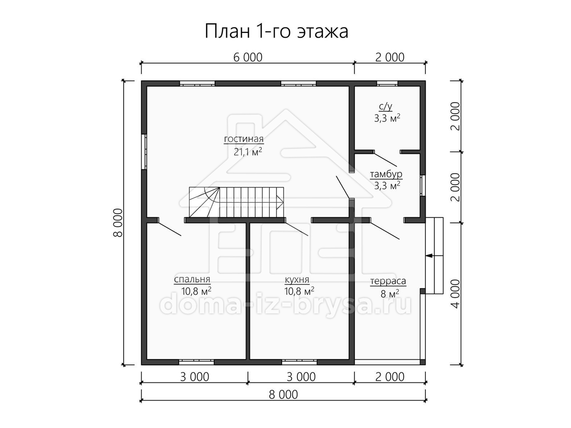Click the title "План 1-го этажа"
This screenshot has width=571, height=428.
point(276,31)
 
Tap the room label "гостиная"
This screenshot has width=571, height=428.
point(244,139)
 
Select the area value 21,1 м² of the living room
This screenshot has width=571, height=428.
point(247,152)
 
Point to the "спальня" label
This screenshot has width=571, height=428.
point(192,279)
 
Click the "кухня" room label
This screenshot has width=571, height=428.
point(297,280)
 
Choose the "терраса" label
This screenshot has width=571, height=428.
point(388,281)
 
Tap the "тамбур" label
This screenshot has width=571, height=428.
point(386,174)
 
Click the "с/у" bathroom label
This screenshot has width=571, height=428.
point(385,107)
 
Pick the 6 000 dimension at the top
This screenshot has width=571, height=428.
point(247,58)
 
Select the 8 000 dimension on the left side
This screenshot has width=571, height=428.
point(118,223)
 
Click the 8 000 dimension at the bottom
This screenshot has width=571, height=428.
point(283,395)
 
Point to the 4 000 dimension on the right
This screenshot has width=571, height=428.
point(456,294)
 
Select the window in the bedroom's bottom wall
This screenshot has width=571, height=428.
point(197,361)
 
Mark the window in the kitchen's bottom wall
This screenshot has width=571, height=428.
point(299,361)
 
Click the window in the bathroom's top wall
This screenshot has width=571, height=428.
point(387,84)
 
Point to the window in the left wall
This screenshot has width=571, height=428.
point(144,152)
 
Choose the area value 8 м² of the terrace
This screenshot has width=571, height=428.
point(390,294)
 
